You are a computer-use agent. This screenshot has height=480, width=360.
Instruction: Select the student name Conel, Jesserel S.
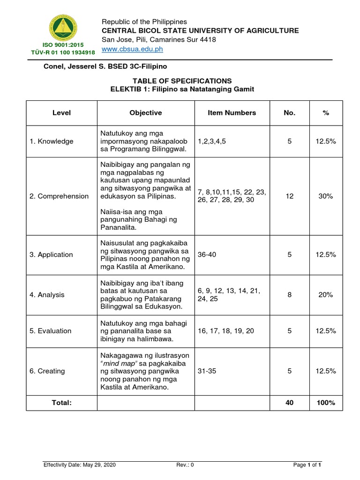click(72, 67)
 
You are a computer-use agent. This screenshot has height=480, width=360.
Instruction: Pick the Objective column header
click(146, 113)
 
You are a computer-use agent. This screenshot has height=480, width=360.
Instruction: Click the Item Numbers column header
click(232, 113)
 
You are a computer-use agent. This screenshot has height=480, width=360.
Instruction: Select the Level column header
click(61, 113)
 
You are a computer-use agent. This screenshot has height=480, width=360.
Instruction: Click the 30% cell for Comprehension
click(325, 196)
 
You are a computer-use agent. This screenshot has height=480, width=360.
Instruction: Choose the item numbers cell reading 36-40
click(208, 255)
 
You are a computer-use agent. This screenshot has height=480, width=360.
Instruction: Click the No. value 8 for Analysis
click(290, 295)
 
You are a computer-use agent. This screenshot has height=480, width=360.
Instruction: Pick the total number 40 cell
click(290, 403)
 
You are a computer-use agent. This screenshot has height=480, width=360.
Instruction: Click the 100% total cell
click(325, 403)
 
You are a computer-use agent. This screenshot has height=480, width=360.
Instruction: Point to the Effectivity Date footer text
click(79, 465)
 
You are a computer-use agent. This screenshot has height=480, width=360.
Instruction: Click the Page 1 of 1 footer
click(307, 465)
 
